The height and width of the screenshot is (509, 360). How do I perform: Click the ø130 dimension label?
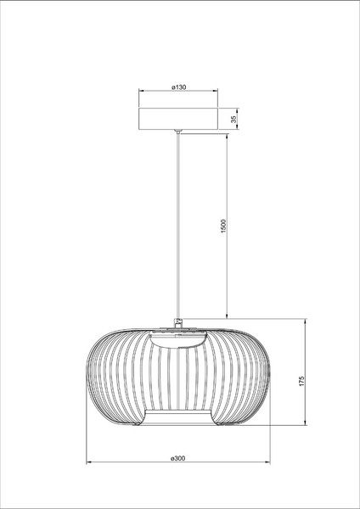coord(178,87)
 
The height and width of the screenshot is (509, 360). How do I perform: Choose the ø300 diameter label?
coord(178,458)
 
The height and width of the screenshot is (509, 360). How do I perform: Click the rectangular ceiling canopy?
coord(178,119)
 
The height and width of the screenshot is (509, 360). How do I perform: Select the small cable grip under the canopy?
coord(178,131)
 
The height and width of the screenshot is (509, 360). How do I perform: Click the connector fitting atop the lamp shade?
coord(178,322)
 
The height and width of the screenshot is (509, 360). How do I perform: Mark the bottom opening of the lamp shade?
coord(178,418)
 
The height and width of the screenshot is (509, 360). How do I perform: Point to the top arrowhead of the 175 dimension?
coord(307,322)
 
